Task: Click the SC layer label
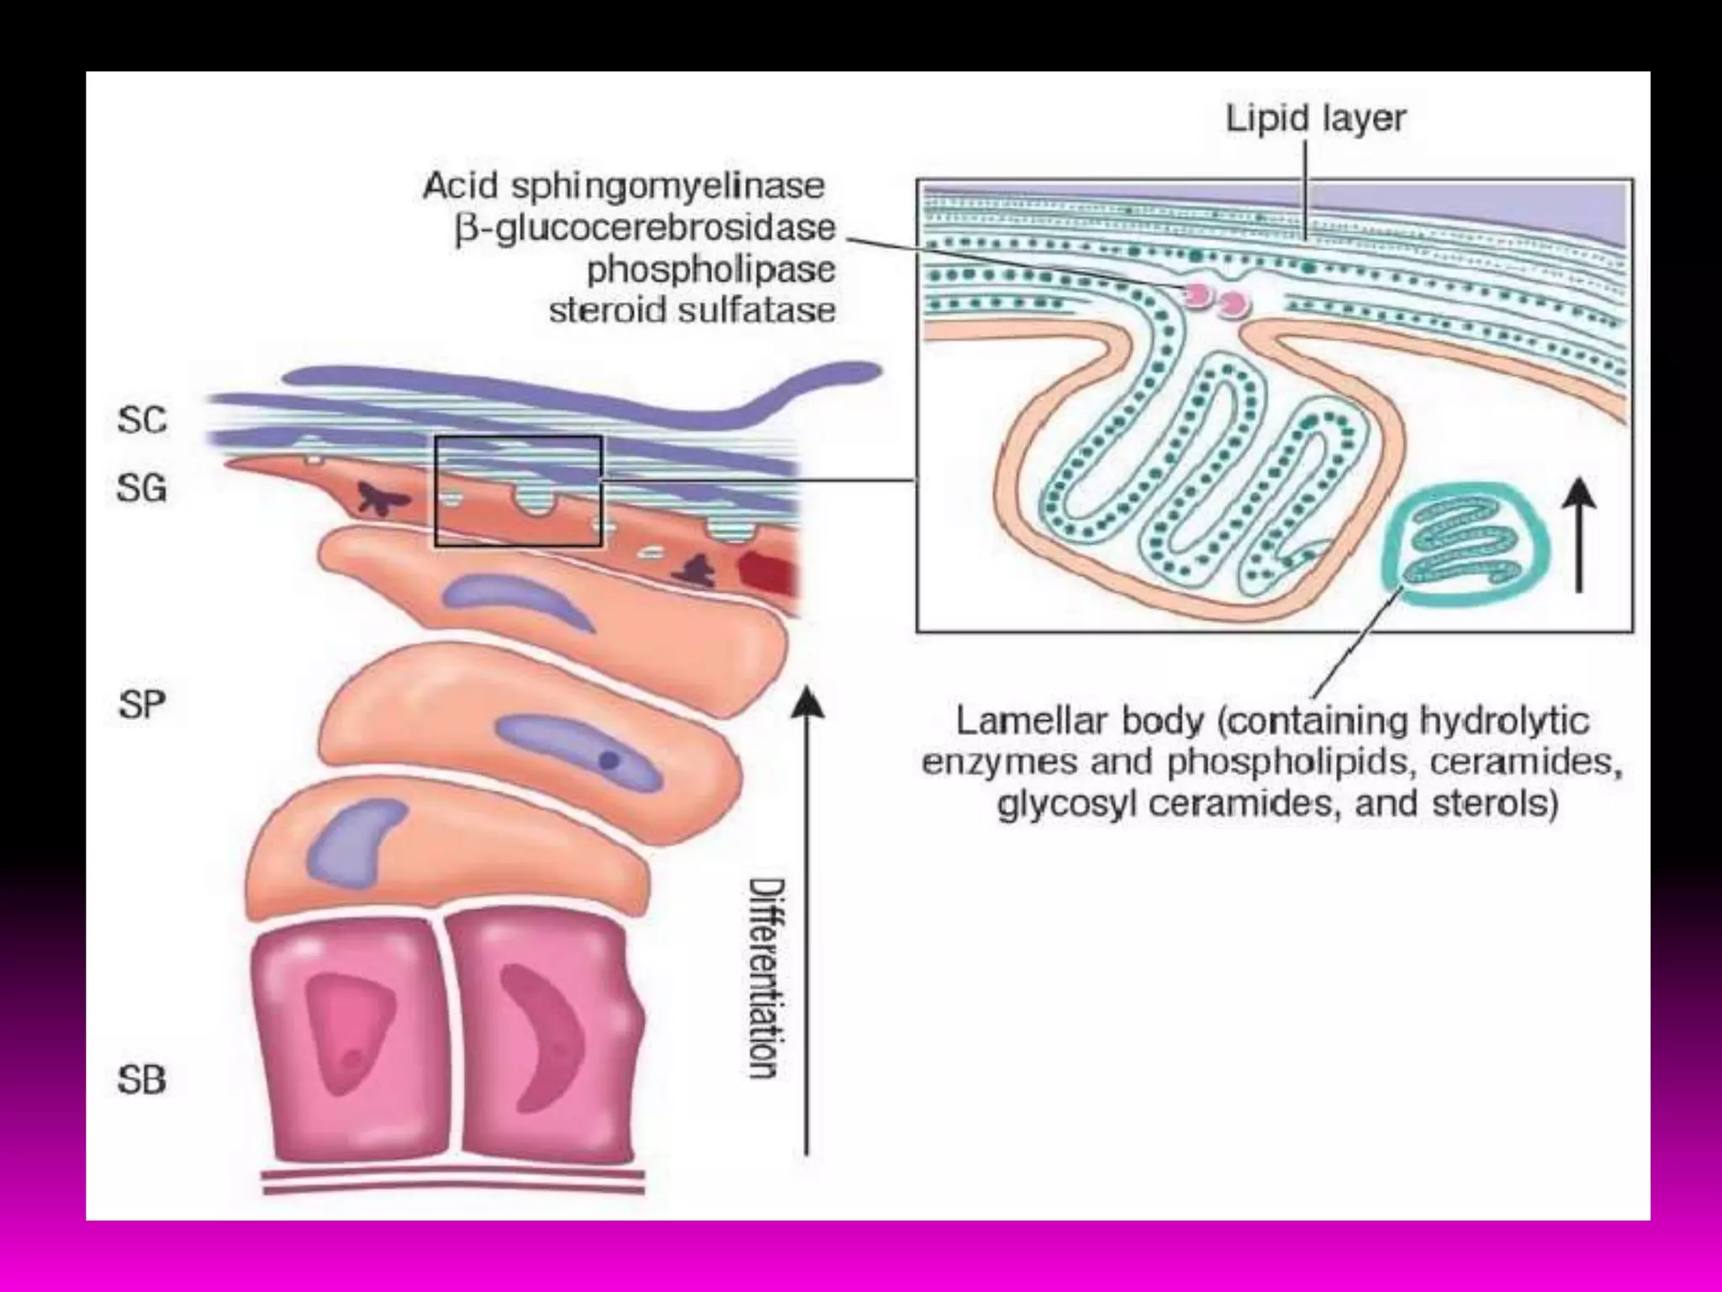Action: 142,420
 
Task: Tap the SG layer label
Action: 142,488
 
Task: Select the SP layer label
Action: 142,705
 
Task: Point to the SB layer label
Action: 142,1080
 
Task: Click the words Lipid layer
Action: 1315,119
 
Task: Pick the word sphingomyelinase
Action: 668,186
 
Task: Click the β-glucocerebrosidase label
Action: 645,228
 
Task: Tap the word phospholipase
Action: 710,269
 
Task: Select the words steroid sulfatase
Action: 692,310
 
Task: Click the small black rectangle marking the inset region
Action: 518,491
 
